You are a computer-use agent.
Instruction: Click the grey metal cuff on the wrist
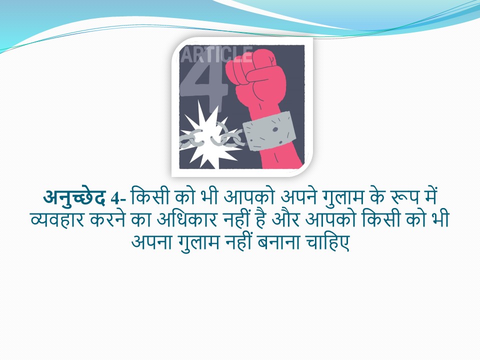[269, 131]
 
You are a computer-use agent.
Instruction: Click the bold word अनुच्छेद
[74, 197]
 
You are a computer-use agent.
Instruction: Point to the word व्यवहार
[57, 220]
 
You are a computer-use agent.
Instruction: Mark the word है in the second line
[260, 219]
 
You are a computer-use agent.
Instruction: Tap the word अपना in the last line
[150, 242]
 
